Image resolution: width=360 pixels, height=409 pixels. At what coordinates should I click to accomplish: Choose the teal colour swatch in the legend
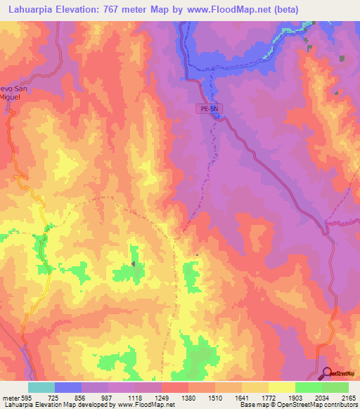41,387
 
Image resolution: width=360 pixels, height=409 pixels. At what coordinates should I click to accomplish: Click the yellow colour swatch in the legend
281,387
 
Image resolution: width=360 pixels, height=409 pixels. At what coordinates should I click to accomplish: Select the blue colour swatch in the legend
68,387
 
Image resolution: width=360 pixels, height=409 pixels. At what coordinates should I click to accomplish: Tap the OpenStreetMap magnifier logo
327,372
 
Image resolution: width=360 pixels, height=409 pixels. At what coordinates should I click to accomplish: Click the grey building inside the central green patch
134,264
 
